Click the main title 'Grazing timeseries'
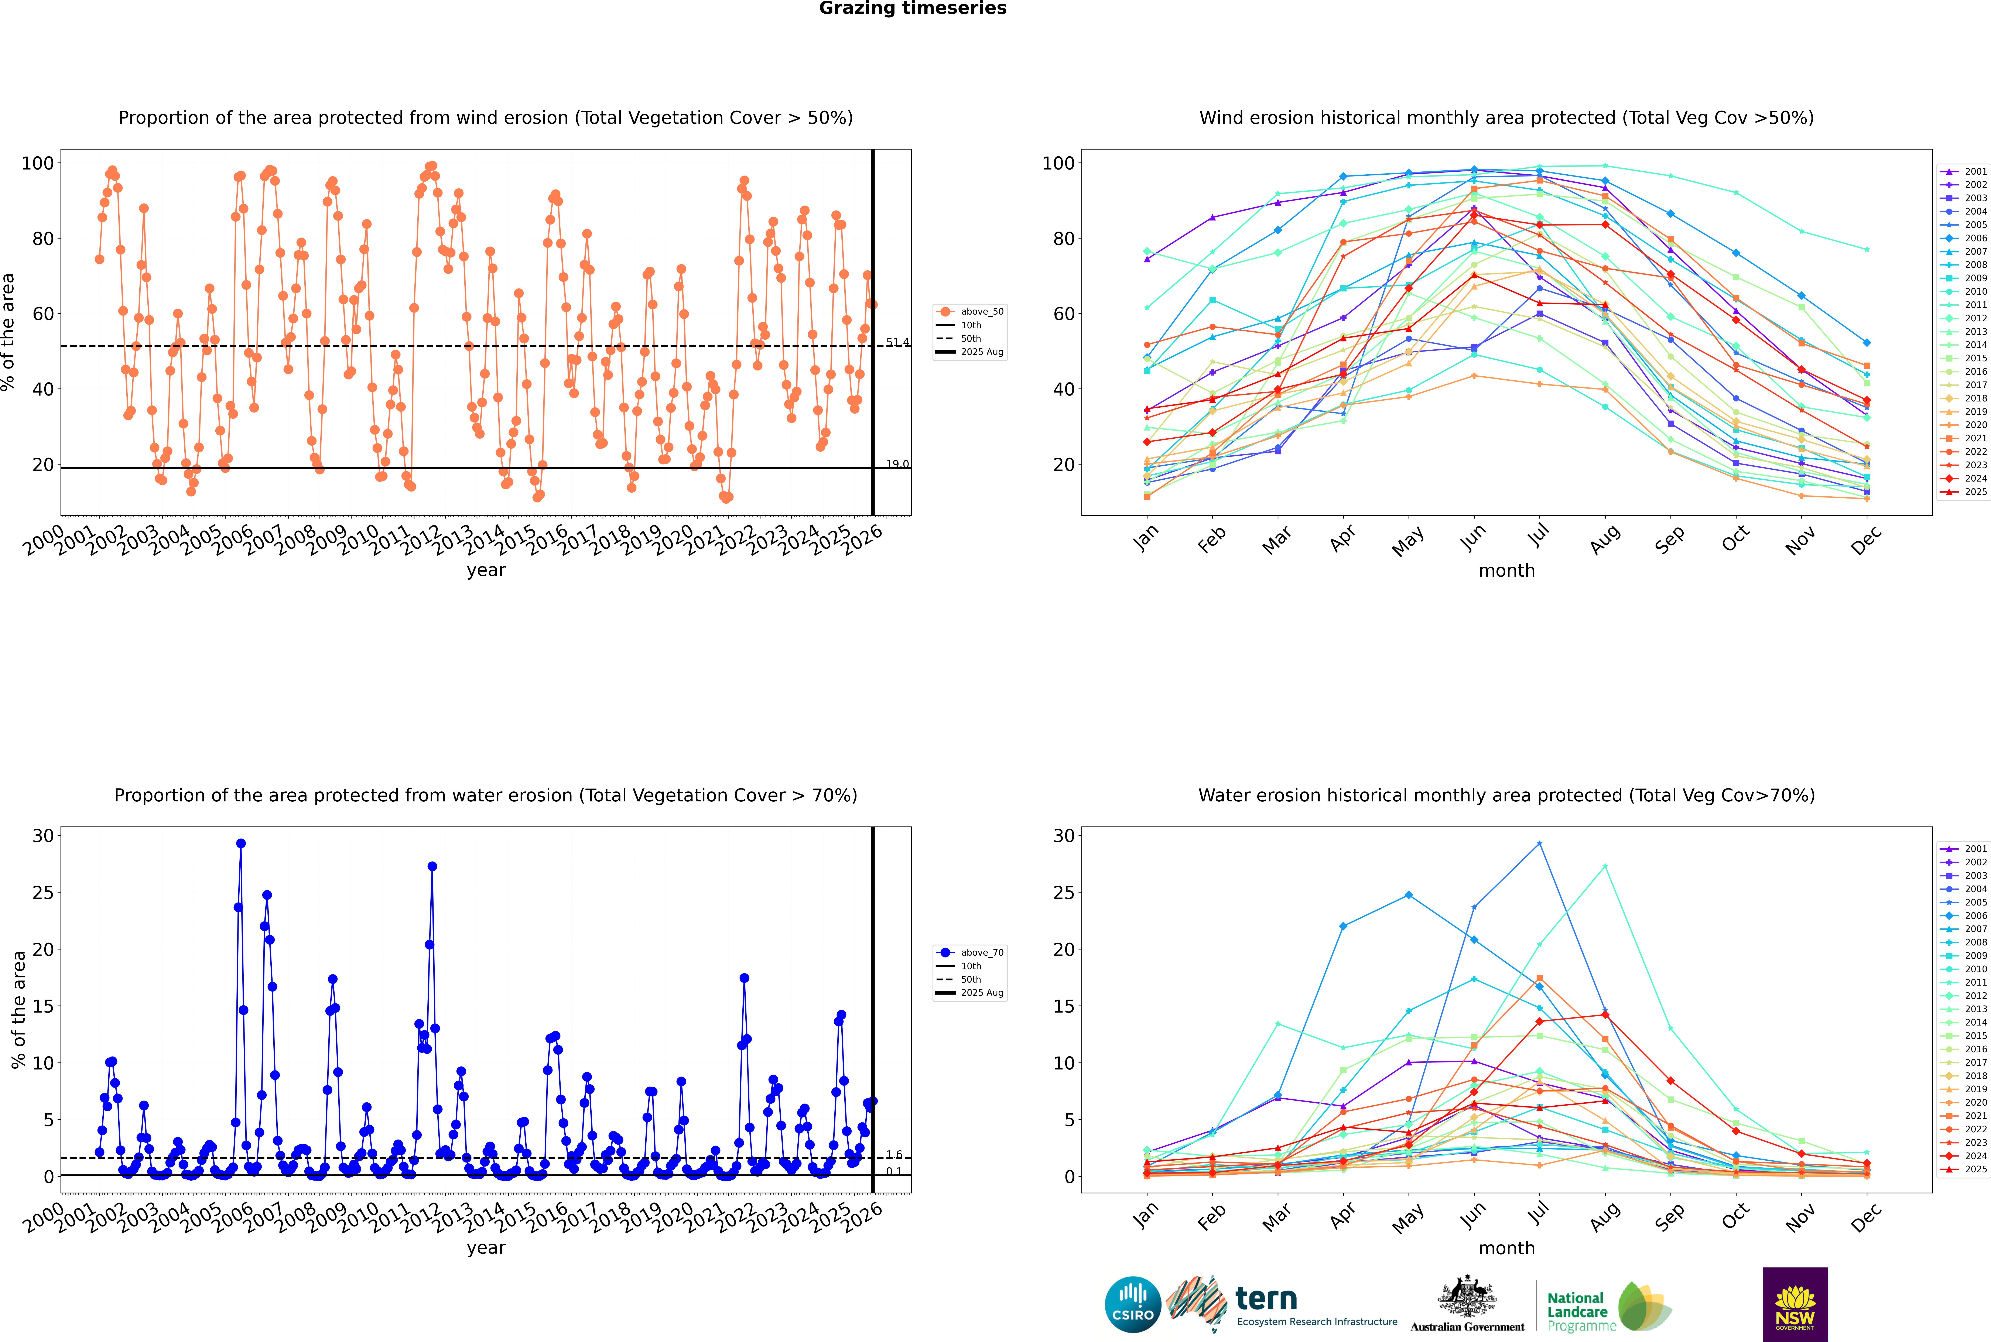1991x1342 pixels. click(x=913, y=8)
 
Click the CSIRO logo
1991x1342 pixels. click(x=1132, y=1304)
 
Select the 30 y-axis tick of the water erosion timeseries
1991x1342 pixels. click(x=43, y=835)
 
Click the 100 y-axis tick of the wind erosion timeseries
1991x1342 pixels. click(x=38, y=163)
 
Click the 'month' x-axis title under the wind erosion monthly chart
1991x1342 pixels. click(x=1506, y=571)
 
